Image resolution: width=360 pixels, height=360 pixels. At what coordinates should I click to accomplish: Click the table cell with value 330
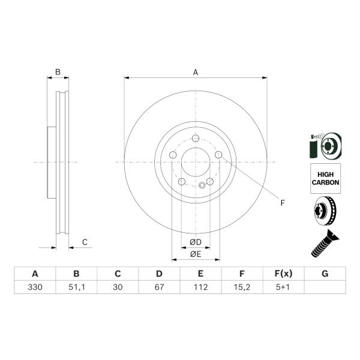coord(35,287)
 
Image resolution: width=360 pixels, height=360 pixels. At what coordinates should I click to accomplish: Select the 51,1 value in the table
coord(76,287)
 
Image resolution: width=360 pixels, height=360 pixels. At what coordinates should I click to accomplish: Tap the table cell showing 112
coord(200,287)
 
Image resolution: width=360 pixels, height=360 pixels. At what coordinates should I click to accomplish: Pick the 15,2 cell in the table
coord(242,287)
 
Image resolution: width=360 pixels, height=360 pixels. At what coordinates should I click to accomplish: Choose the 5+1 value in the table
coord(284,287)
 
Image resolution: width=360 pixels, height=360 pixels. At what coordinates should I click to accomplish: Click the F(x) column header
coord(284,274)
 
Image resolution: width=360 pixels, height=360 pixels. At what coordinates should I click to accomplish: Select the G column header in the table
coord(325,274)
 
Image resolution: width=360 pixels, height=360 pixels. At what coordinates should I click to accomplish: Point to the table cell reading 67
coord(159,287)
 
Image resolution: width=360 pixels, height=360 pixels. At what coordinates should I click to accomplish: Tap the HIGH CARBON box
coord(325,178)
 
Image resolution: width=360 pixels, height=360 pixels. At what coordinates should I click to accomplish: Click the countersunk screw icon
coord(325,244)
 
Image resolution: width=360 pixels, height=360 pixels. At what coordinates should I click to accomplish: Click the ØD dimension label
coord(196,242)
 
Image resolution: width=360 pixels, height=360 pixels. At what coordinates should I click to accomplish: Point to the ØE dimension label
coord(196,254)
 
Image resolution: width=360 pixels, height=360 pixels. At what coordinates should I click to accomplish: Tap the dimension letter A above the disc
coord(196,73)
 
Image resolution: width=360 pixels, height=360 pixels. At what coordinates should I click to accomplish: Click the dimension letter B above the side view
coord(58,72)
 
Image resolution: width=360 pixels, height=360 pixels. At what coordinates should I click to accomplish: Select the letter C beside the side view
coord(85,242)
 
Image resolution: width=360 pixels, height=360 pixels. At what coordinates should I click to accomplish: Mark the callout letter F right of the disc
coord(283,203)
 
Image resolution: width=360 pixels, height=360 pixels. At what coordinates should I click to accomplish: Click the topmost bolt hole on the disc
coord(196,138)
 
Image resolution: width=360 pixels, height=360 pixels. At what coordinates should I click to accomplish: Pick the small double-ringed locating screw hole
coord(202,185)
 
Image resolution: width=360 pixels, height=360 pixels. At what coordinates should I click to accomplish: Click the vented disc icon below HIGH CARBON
coord(325,211)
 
